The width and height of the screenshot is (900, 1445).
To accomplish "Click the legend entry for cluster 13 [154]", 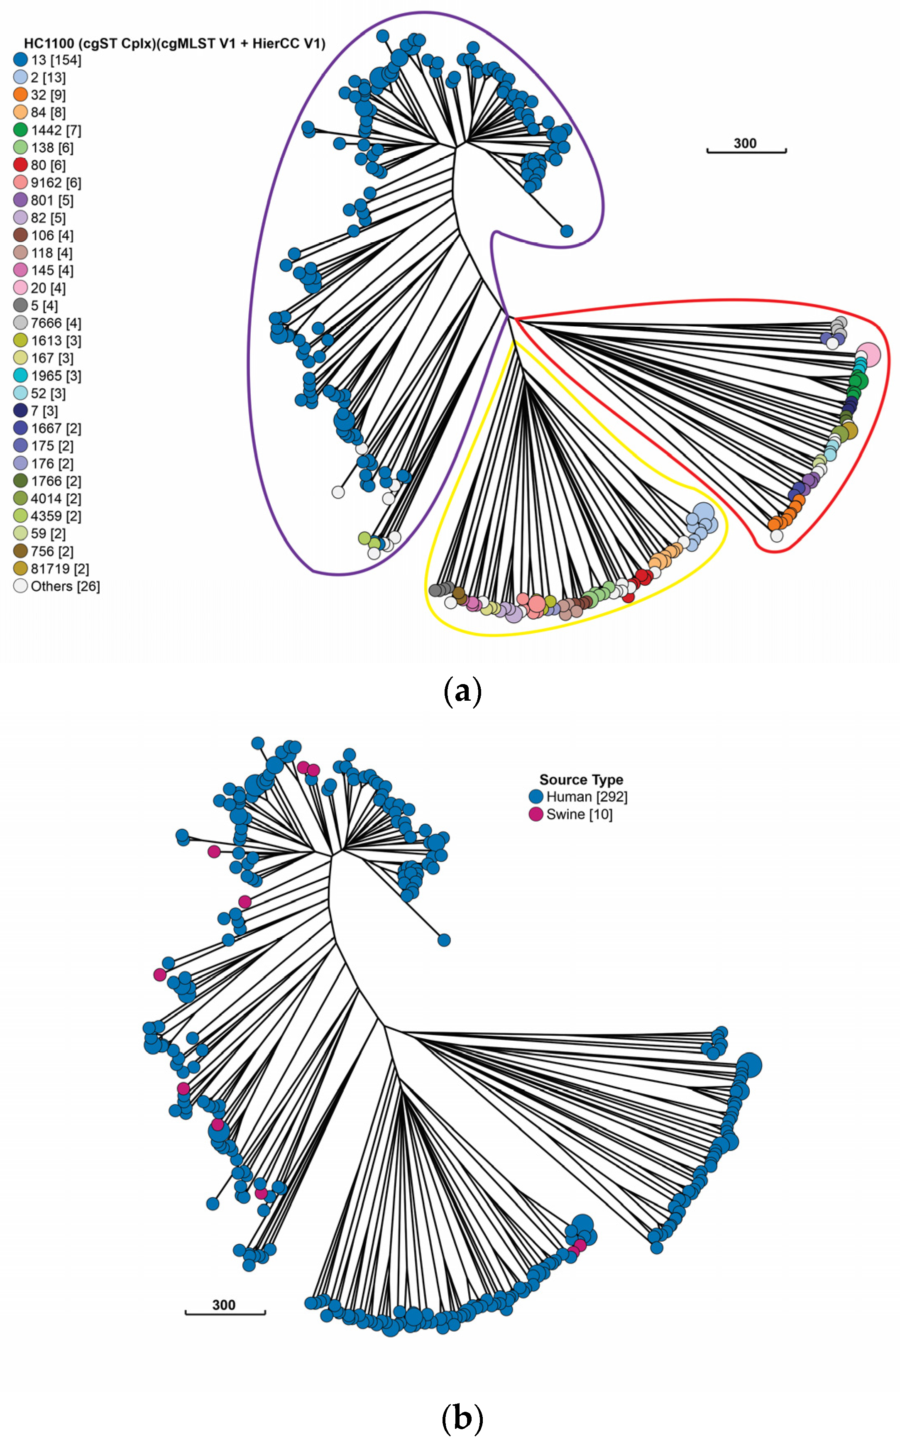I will (48, 60).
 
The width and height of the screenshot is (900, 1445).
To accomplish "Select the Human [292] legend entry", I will (578, 797).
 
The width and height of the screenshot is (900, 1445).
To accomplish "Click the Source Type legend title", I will (581, 780).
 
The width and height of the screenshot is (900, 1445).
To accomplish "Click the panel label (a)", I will (462, 692).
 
